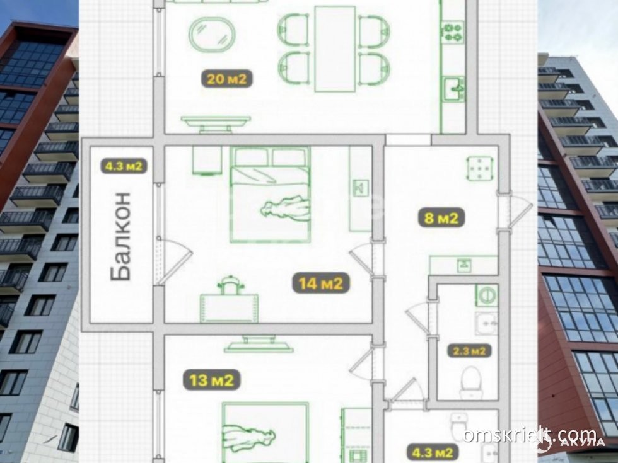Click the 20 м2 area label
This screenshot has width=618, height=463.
click(226, 79)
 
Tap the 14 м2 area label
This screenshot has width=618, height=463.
click(321, 283)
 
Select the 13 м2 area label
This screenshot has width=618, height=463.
click(212, 380)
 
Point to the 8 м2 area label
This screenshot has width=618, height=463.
click(441, 217)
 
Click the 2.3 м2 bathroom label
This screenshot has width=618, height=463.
click(469, 350)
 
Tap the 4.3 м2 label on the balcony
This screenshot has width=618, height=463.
click(124, 166)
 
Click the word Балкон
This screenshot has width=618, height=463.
click(120, 236)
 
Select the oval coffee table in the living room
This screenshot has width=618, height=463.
click(212, 35)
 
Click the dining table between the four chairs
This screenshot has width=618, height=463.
click(335, 49)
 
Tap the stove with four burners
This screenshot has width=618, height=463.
click(453, 32)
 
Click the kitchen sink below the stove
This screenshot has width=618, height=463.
click(454, 89)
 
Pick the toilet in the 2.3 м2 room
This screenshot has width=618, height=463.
click(470, 378)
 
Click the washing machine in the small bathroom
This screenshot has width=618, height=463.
click(486, 295)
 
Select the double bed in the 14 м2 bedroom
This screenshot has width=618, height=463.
click(270, 195)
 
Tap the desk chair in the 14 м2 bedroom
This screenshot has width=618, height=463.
click(230, 285)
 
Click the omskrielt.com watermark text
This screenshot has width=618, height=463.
click(529, 435)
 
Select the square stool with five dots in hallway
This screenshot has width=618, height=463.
click(480, 169)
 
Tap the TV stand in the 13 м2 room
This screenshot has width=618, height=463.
click(259, 344)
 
